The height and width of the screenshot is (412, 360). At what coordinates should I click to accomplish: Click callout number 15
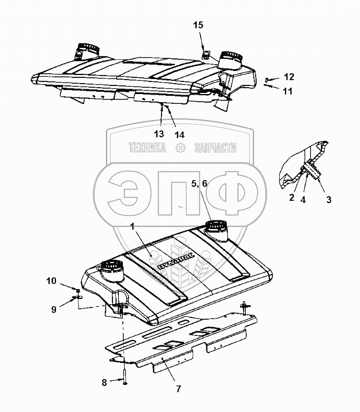pyautogui.click(x=198, y=25)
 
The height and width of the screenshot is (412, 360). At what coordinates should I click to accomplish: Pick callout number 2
pyautogui.click(x=291, y=197)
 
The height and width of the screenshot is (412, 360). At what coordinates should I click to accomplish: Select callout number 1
pyautogui.click(x=133, y=228)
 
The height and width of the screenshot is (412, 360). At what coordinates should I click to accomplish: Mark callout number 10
pyautogui.click(x=52, y=281)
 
